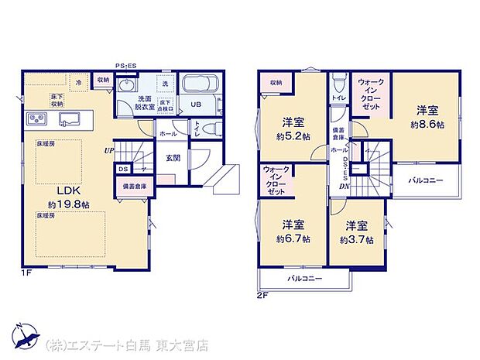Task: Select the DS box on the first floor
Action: tap(123, 168)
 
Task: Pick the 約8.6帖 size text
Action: tap(427, 125)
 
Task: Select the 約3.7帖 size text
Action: tap(357, 240)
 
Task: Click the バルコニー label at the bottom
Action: tap(305, 277)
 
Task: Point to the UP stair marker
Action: tap(111, 151)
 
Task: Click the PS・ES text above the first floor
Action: tap(125, 65)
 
